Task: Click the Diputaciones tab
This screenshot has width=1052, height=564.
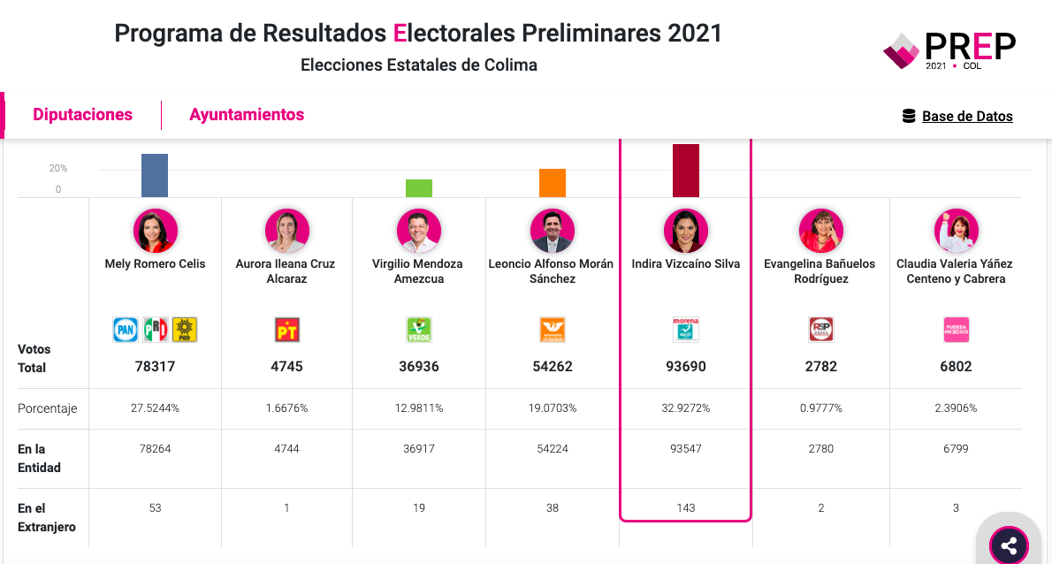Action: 82,115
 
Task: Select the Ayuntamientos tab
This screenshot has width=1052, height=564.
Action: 247,115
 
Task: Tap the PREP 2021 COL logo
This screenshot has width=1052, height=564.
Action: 949,50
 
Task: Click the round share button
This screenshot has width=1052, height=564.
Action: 1009,545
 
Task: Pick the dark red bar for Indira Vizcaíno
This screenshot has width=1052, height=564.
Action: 686,171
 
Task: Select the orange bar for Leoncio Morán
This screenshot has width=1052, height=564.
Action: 553,183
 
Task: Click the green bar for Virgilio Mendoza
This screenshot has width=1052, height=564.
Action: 419,188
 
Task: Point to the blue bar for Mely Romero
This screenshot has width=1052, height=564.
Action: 155,175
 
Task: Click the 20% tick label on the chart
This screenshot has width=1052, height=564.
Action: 58,168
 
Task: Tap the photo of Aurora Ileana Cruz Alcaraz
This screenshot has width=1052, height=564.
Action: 287,232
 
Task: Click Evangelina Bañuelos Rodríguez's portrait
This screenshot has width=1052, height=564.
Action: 820,232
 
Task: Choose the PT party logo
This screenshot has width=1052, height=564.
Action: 287,330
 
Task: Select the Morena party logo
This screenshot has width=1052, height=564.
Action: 686,330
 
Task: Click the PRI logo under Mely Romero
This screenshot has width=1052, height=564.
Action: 156,330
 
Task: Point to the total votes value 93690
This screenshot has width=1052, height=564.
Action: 686,366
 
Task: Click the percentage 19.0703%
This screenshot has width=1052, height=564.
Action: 552,408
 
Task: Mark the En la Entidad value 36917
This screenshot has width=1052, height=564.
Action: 419,449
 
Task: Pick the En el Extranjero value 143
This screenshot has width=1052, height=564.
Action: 686,508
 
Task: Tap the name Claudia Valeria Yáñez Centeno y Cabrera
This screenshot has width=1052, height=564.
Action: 955,271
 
